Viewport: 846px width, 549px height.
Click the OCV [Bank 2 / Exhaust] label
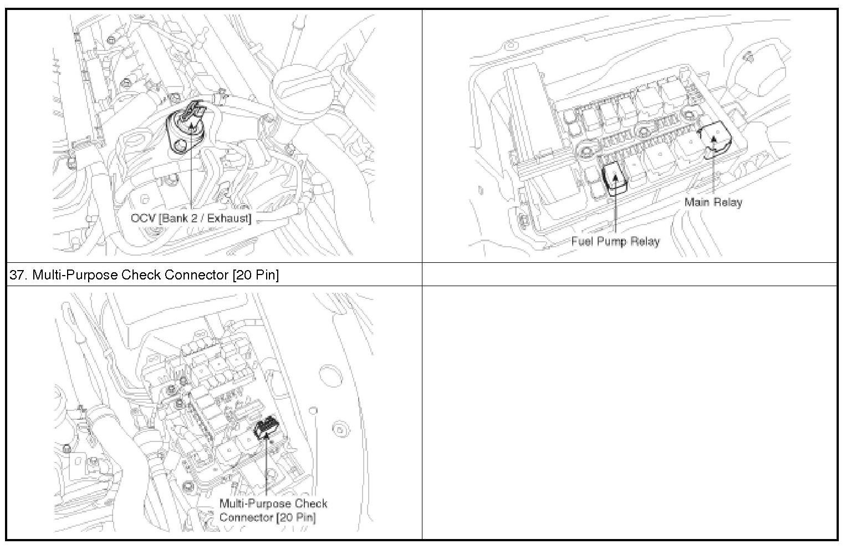click(191, 218)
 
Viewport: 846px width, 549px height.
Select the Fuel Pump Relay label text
click(615, 241)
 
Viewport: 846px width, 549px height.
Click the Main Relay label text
click(713, 202)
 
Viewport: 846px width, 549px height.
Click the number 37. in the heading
click(18, 274)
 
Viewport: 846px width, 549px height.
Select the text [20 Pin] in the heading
click(256, 274)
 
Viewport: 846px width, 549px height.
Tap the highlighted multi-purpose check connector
click(267, 429)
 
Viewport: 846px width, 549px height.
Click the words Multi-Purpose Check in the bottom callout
click(273, 504)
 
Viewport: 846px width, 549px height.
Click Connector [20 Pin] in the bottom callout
click(267, 517)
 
